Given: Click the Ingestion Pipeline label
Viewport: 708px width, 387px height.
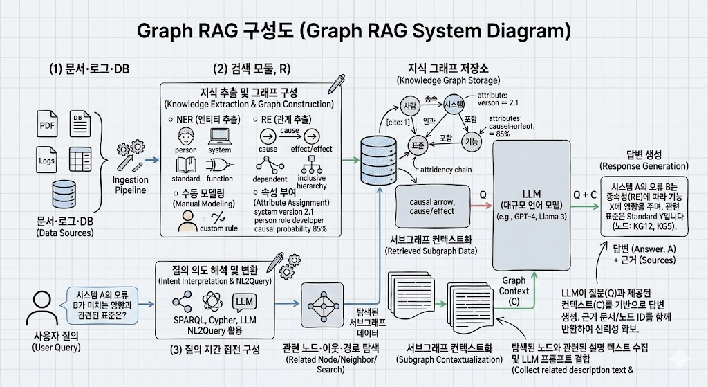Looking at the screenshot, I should [130, 185].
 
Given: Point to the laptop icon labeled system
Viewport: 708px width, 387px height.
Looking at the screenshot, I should [219, 136].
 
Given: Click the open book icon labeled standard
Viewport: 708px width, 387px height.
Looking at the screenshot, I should [186, 165].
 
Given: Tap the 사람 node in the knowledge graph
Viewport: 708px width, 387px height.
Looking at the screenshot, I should [410, 107].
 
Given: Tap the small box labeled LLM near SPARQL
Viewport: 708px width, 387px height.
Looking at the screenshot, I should [245, 302].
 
